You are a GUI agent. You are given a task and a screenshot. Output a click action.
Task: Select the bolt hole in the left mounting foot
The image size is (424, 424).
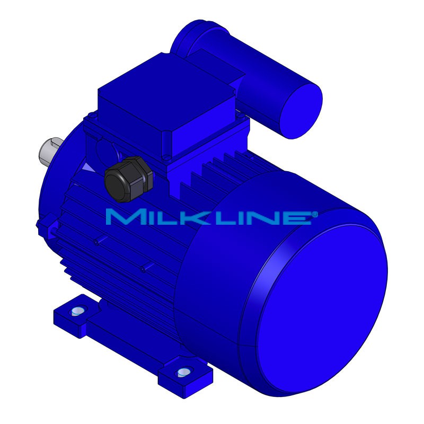[77, 311]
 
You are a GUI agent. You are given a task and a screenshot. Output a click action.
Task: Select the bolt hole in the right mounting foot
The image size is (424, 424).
[184, 372]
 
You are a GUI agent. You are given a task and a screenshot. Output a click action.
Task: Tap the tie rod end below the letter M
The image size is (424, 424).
[97, 242]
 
